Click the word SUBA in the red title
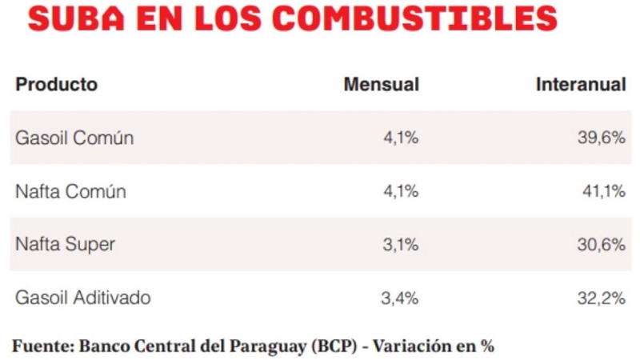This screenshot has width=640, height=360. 76,18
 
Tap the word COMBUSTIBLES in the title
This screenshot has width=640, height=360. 414,18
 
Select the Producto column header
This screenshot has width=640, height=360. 56,85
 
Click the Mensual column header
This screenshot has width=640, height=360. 382,85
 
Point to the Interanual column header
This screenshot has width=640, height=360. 581,85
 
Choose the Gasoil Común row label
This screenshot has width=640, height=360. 74,138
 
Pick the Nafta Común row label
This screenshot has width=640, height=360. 70,191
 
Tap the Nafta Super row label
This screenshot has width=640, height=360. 65,245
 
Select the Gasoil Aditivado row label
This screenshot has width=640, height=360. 83,298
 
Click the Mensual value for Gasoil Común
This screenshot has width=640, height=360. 401,138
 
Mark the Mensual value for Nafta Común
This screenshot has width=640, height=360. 401,191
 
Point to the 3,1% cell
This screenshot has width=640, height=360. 401,245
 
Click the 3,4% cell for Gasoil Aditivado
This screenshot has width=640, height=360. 400,298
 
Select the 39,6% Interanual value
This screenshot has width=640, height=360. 602,138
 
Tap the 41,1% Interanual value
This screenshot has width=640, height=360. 604,191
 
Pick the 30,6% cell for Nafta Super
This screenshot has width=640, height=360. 602,245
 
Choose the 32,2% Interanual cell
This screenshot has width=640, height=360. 602,298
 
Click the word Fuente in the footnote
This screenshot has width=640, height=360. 43,346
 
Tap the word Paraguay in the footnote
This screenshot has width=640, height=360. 267,347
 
